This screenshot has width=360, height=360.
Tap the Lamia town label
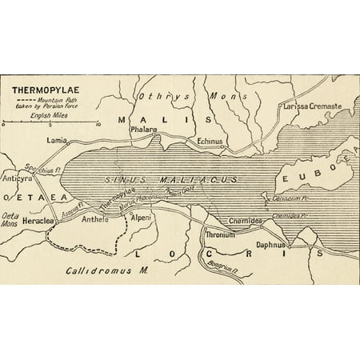[57, 139]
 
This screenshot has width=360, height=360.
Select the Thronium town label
[220, 235]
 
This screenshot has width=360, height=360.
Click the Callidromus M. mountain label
[107, 270]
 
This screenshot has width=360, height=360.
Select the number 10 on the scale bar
[98, 126]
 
